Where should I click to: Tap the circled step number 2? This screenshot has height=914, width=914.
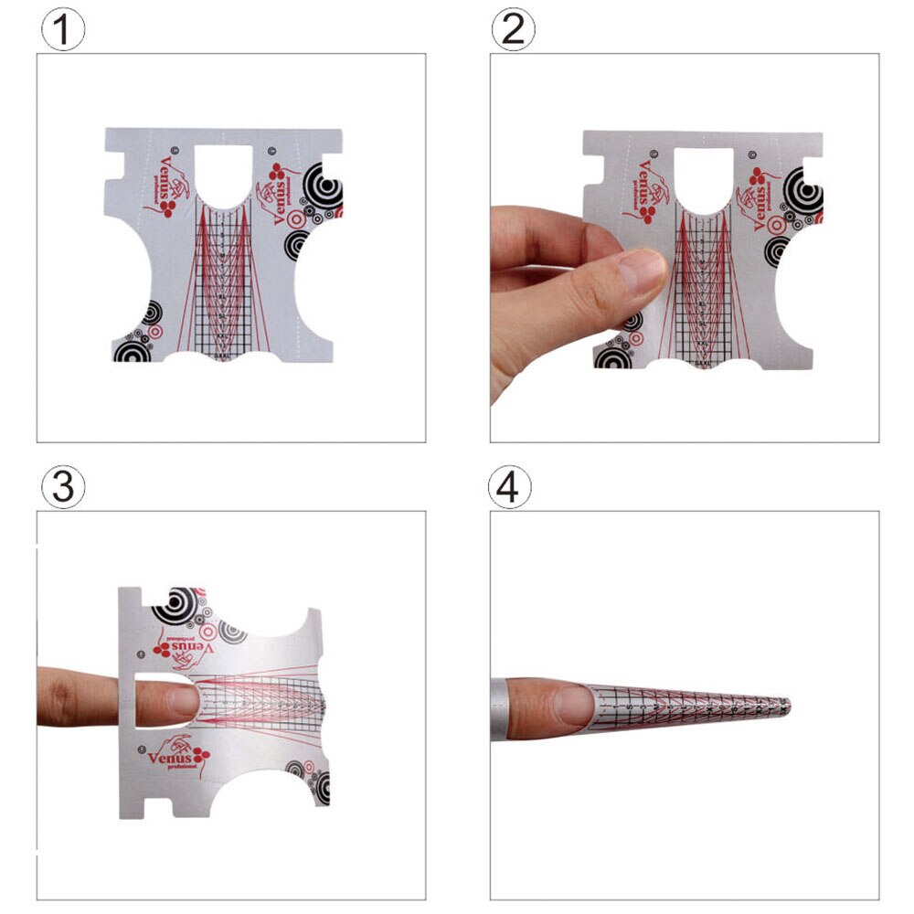[514, 30]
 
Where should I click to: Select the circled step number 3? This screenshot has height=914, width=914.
[63, 487]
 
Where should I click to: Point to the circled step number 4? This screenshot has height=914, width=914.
[510, 488]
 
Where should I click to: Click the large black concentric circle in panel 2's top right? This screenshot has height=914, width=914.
[807, 194]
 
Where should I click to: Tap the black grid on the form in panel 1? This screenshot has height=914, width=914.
[226, 283]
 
